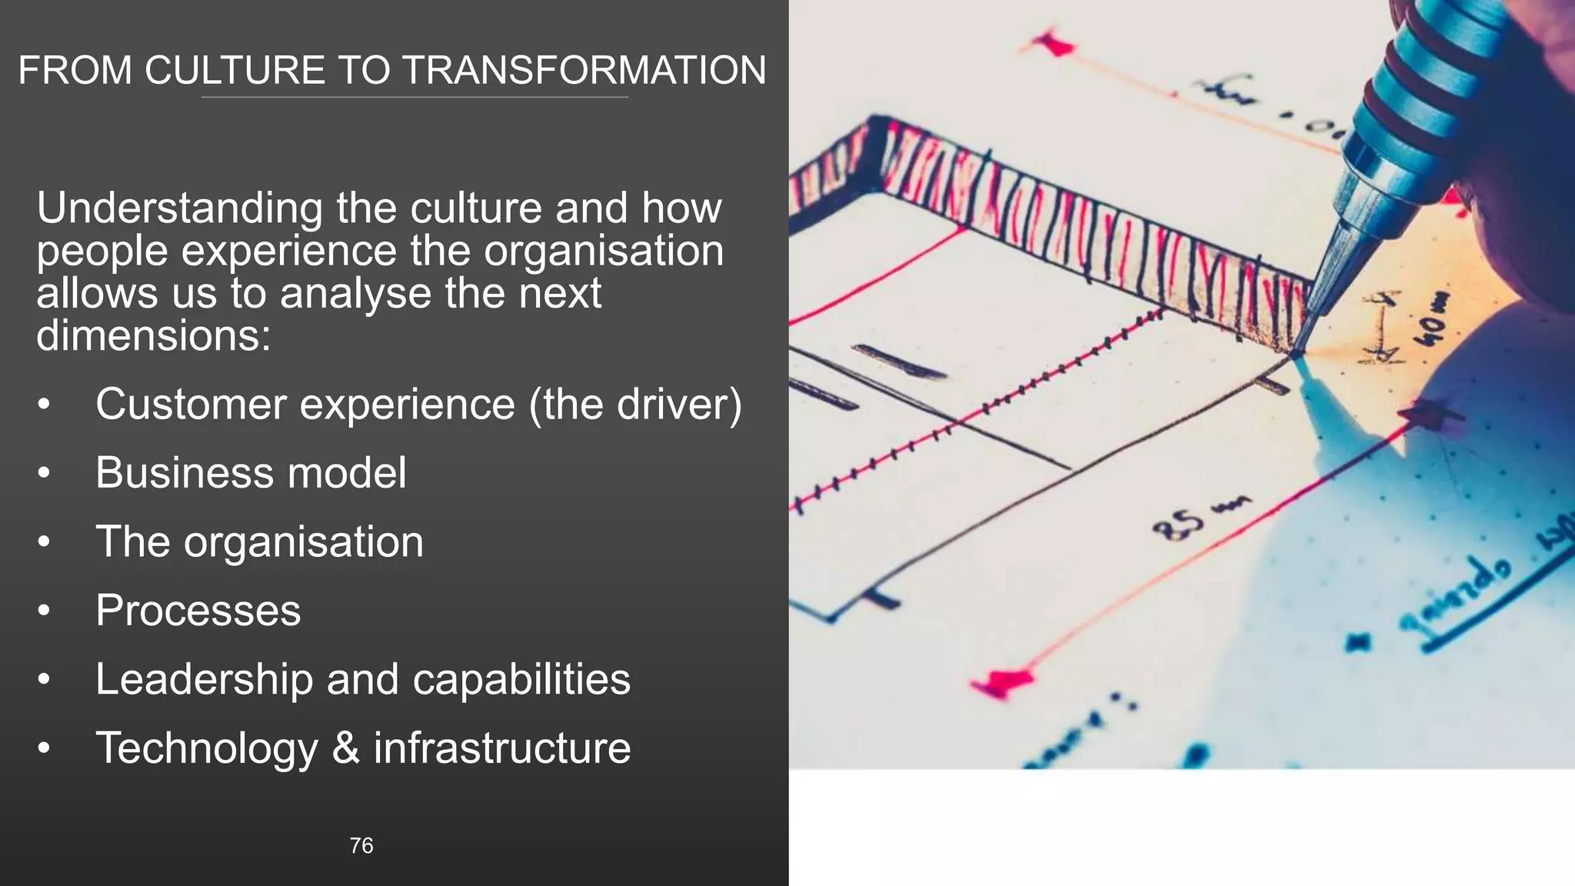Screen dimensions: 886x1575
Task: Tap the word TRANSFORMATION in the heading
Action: coord(584,70)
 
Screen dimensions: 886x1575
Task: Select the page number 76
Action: coord(361,845)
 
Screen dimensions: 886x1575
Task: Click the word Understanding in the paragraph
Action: coord(180,208)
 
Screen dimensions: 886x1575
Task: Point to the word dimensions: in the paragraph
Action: coord(154,335)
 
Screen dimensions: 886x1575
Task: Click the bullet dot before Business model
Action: coord(44,473)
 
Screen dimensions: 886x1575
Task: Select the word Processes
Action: coord(198,611)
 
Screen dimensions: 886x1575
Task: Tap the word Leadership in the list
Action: coord(204,679)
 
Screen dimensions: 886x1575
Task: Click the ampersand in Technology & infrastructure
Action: coord(346,748)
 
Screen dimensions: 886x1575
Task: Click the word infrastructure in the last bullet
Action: coord(502,748)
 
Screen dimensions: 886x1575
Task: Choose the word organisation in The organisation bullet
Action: coord(303,541)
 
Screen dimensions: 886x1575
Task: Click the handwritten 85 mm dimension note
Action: coord(1200,519)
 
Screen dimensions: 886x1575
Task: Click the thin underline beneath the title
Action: coord(415,98)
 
